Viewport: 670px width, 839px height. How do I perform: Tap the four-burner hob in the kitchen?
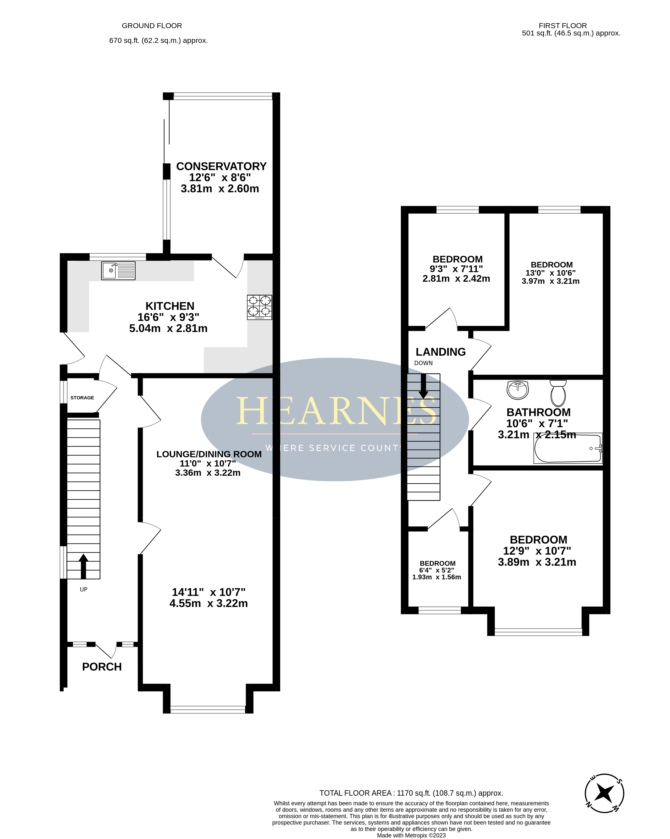tap(259, 307)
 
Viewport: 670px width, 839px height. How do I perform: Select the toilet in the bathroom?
tap(558, 393)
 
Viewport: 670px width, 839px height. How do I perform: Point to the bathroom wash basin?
tap(518, 390)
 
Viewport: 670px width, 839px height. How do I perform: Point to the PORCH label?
tap(102, 667)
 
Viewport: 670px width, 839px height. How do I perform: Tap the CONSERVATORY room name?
tap(221, 166)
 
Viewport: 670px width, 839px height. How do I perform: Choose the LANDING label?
tap(441, 352)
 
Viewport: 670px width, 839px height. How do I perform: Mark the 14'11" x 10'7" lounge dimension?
tap(209, 592)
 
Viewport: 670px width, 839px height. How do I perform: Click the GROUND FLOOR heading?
tap(152, 26)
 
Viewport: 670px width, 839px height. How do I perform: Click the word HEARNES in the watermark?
tap(337, 411)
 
